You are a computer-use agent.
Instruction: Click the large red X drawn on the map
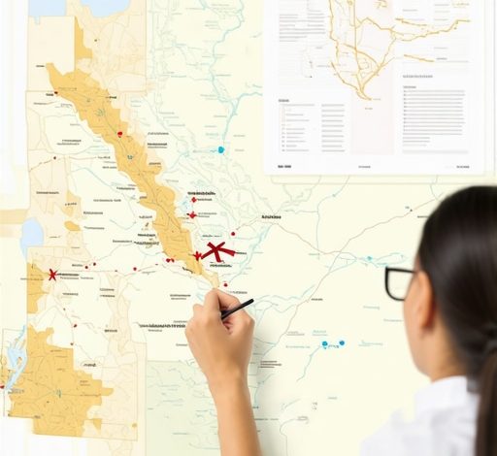(218, 251)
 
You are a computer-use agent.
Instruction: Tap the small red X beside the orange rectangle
(52, 275)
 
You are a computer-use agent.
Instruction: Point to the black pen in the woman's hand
(237, 309)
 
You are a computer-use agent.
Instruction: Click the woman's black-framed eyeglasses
(399, 282)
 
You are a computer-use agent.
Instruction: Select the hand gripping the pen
(218, 335)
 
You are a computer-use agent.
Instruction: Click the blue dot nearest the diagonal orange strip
(221, 150)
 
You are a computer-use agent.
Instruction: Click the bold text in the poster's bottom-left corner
(284, 166)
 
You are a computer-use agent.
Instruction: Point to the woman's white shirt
(427, 422)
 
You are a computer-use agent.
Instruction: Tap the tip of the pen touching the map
(221, 317)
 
